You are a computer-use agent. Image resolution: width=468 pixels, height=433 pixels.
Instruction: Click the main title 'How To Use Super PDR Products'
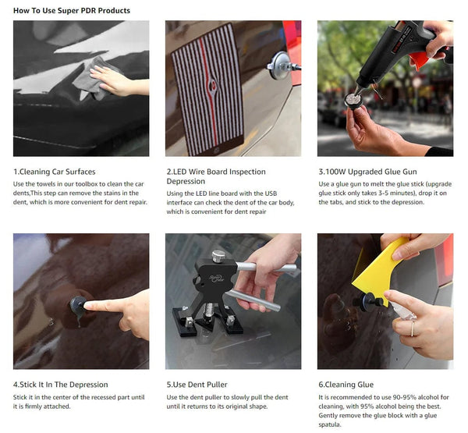pos(72,11)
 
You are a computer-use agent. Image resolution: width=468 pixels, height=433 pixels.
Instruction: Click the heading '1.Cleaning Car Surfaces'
pos(55,172)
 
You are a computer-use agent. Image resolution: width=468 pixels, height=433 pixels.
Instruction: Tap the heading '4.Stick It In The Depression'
pos(61,385)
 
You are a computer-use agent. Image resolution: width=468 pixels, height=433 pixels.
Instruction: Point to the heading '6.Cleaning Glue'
pos(346,385)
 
